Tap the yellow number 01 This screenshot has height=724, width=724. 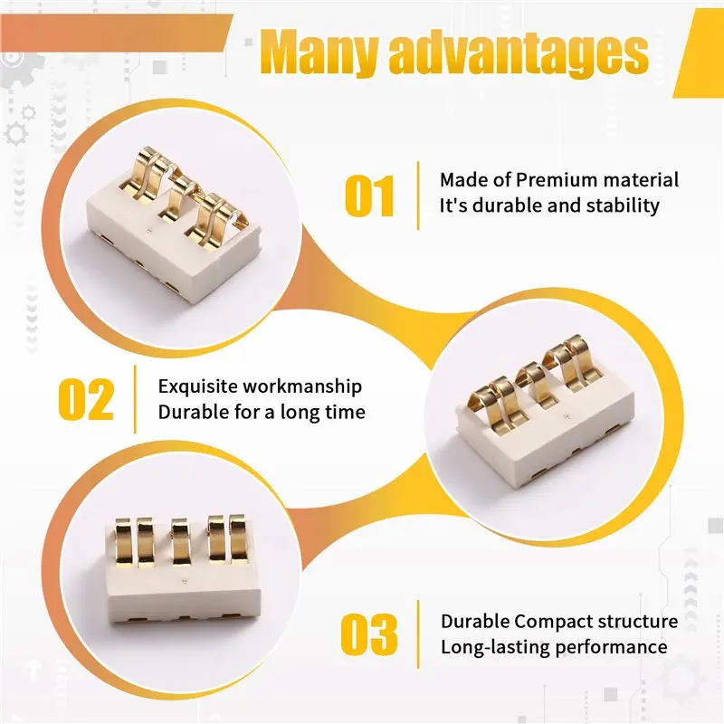point(369,195)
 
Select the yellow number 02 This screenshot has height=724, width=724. point(86,399)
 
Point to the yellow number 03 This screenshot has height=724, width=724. point(369,634)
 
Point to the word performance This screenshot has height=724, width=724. point(611,647)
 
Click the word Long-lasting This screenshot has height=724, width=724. point(495,647)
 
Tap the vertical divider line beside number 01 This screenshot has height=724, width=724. point(418,195)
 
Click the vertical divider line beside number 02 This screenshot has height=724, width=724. point(135,399)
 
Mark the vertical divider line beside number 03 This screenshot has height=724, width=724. point(418,634)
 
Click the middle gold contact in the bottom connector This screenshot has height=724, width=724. point(180,541)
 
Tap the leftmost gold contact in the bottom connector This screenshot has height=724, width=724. point(125,541)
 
